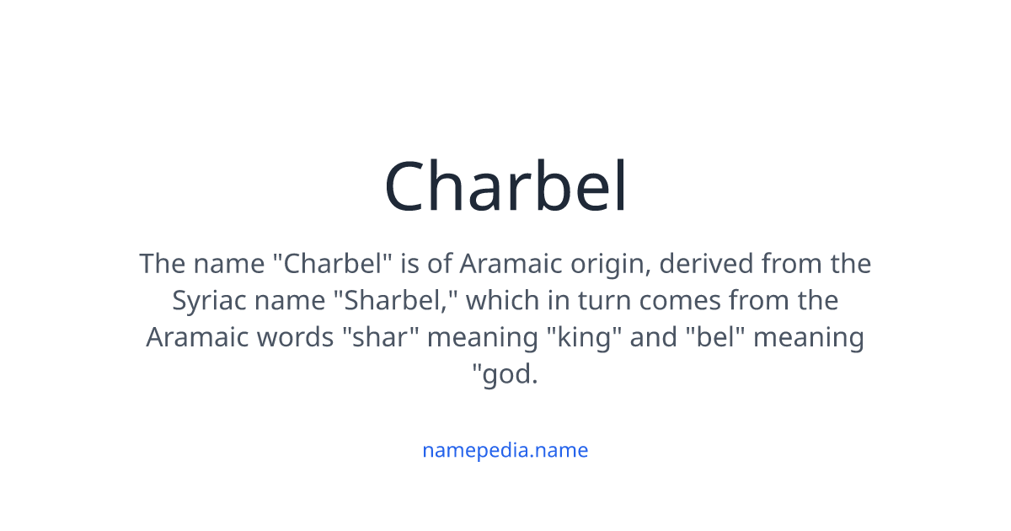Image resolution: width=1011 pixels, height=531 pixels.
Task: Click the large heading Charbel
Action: [505, 187]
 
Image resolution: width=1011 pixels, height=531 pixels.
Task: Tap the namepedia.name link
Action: [505, 450]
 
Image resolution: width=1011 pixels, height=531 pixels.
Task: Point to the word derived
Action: [706, 264]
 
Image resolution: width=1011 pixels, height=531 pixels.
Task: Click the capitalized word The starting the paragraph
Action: [161, 264]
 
